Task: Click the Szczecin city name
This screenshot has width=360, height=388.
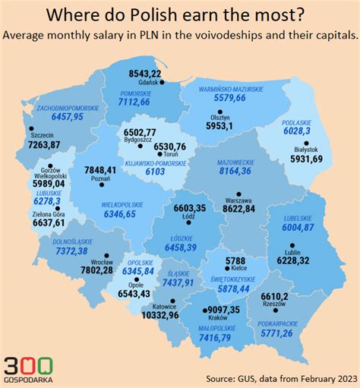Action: (40, 134)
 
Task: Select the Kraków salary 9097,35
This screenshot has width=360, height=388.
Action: (217, 310)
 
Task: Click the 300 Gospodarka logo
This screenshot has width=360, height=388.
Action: (28, 368)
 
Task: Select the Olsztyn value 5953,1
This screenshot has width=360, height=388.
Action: (223, 127)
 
